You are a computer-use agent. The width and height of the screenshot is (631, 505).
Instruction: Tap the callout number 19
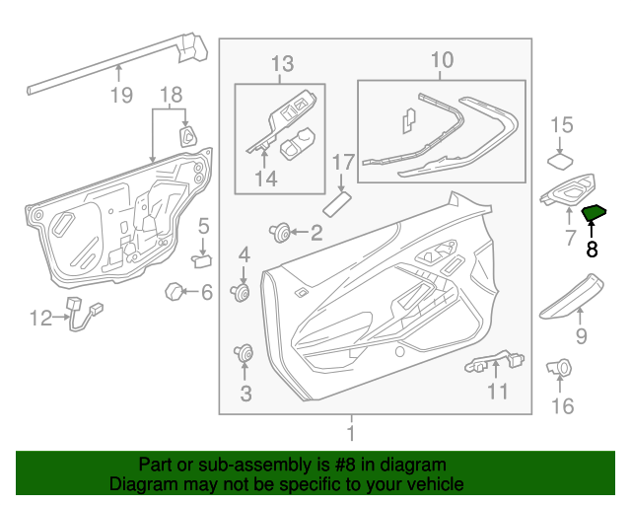pyautogui.click(x=120, y=96)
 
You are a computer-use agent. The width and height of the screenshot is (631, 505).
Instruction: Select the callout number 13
pyautogui.click(x=282, y=64)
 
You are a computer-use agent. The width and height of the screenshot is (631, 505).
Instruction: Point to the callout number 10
pyautogui.click(x=442, y=60)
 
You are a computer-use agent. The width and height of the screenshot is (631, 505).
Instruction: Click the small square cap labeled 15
pyautogui.click(x=562, y=160)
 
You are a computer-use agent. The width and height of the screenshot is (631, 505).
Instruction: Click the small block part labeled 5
pyautogui.click(x=201, y=260)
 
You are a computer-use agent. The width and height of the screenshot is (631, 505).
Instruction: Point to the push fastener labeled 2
pyautogui.click(x=281, y=233)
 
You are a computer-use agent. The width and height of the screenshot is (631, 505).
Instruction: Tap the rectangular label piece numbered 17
pyautogui.click(x=339, y=203)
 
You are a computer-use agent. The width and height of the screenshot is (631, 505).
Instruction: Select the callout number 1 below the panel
pyautogui.click(x=351, y=433)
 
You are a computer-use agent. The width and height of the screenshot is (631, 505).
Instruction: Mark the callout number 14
pyautogui.click(x=264, y=179)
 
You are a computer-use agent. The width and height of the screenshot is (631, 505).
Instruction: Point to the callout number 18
pyautogui.click(x=172, y=96)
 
